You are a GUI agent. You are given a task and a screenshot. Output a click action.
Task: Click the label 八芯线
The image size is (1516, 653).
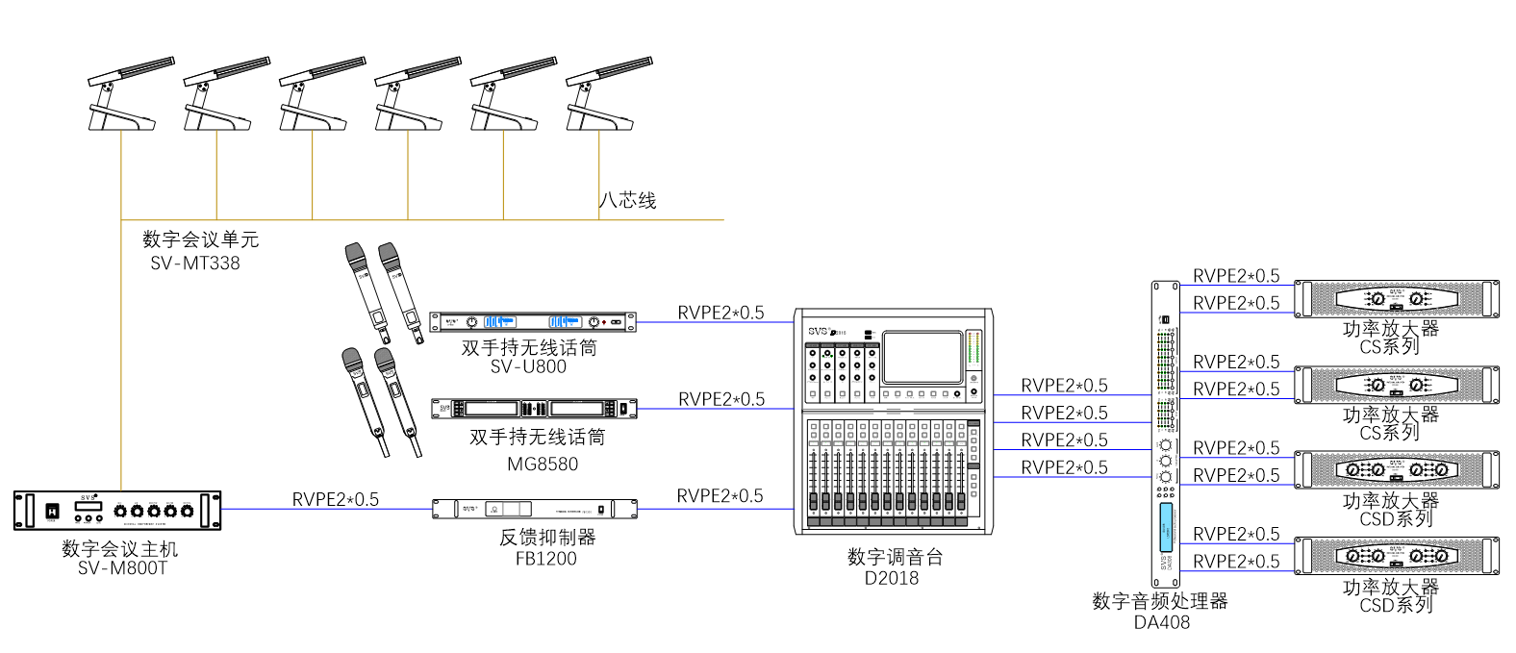pyautogui.click(x=627, y=200)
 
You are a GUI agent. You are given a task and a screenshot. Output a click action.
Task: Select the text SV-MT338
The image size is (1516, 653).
pyautogui.click(x=195, y=263)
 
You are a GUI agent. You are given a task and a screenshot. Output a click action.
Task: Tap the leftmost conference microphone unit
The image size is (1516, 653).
pyautogui.click(x=127, y=94)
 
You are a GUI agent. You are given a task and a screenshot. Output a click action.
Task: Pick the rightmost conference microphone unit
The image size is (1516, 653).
pyautogui.click(x=605, y=94)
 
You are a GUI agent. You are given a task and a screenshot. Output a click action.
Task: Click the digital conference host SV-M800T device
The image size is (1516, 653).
pyautogui.click(x=117, y=510)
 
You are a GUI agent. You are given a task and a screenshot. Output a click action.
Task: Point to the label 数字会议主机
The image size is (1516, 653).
pyautogui.click(x=119, y=548)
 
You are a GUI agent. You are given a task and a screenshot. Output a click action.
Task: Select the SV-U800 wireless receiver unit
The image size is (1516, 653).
pyautogui.click(x=532, y=322)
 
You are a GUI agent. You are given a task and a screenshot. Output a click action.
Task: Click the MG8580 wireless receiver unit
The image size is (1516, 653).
pyautogui.click(x=534, y=409)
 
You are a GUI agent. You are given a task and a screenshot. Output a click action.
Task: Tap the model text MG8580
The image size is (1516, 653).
pyautogui.click(x=543, y=464)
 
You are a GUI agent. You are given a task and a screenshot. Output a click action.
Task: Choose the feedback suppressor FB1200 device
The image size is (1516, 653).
pyautogui.click(x=535, y=509)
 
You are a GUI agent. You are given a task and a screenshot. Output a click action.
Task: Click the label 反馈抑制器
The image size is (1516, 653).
pyautogui.click(x=546, y=537)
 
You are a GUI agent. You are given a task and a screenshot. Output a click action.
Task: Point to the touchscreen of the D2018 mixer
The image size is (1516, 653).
pyautogui.click(x=922, y=358)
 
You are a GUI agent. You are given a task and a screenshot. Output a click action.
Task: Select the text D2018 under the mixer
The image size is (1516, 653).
pyautogui.click(x=892, y=578)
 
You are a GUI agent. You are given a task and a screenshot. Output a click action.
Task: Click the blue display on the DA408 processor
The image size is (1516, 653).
pyautogui.click(x=1166, y=527)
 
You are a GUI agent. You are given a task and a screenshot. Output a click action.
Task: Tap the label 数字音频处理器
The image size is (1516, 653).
pyautogui.click(x=1159, y=601)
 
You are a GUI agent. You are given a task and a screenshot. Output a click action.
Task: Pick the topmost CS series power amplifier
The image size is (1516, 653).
pyautogui.click(x=1396, y=299)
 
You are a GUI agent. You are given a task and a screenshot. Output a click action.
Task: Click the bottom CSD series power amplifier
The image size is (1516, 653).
pyautogui.click(x=1396, y=556)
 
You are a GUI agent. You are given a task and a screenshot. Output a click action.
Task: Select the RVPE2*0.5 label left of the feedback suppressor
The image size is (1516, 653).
pyautogui.click(x=335, y=499)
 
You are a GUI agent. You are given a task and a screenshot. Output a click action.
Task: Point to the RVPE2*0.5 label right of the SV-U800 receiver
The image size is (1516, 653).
pyautogui.click(x=720, y=313)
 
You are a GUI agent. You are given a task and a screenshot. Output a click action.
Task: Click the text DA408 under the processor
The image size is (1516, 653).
pyautogui.click(x=1161, y=622)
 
